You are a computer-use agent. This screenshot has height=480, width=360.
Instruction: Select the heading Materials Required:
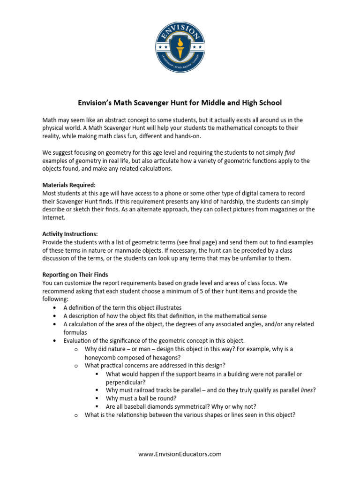(x=69, y=185)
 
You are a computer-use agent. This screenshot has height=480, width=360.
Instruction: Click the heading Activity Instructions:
(x=70, y=234)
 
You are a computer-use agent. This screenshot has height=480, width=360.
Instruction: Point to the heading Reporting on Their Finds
(x=75, y=275)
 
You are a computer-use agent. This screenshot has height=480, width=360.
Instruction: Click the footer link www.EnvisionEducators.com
(x=180, y=454)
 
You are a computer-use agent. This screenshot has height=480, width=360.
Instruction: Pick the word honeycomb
(x=102, y=357)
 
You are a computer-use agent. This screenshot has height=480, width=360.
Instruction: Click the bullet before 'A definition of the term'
(x=55, y=308)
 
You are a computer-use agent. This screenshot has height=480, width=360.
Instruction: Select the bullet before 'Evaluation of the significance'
(x=55, y=341)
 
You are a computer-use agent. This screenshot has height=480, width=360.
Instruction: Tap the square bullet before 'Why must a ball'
(x=97, y=398)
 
